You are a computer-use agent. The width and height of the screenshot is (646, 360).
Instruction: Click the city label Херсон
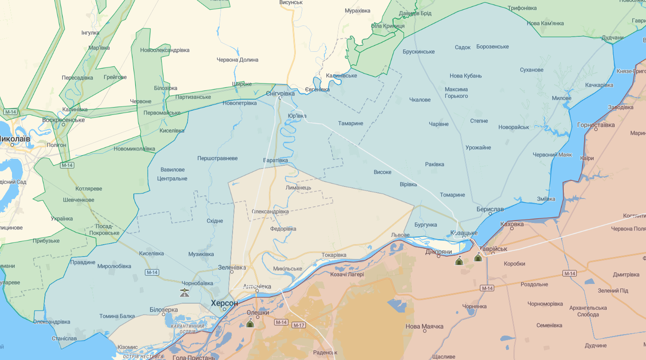coord(224,303)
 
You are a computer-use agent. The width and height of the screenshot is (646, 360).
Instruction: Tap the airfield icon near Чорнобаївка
coord(185,292)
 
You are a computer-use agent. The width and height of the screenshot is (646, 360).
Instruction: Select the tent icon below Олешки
coord(250,323)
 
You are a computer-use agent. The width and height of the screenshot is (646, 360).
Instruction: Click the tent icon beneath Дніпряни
coord(459,261)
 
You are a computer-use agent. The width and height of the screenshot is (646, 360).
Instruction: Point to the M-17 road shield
coord(299,325)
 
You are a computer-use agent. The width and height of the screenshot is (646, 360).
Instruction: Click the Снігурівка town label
coord(280,93)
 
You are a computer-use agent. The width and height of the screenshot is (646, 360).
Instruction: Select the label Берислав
coord(490,209)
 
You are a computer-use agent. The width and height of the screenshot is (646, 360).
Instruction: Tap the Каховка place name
coord(512,224)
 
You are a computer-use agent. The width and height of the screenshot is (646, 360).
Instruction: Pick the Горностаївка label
coord(596,125)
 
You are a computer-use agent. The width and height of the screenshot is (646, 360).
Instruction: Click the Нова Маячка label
coord(425,326)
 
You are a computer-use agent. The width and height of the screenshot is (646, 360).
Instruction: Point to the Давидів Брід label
coord(415,13)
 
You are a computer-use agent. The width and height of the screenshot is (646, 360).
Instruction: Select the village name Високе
coord(383,172)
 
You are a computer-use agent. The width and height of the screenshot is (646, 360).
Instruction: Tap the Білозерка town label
coord(164,309)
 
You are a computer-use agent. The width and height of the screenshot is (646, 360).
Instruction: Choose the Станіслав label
coord(64,338)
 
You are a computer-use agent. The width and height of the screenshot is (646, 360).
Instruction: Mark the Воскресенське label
coord(63,120)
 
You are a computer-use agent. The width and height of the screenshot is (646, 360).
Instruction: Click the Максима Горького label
coord(456,92)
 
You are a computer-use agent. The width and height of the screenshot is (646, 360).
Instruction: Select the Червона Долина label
coord(238,60)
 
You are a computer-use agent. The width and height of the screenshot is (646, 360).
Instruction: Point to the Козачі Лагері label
coord(347,274)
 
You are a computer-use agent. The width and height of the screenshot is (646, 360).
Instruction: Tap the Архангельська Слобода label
coord(588,311)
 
